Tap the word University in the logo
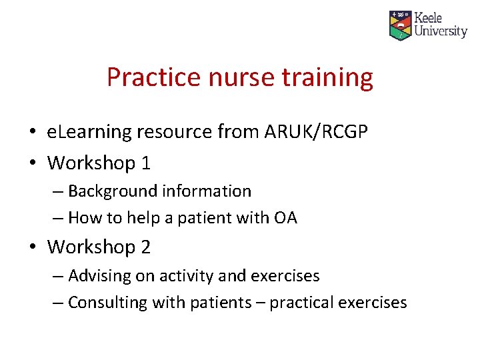pyautogui.click(x=440, y=31)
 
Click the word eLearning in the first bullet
pyautogui.click(x=89, y=132)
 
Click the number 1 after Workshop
pyautogui.click(x=145, y=162)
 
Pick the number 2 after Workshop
pyautogui.click(x=145, y=247)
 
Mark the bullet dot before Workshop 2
pyautogui.click(x=33, y=247)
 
